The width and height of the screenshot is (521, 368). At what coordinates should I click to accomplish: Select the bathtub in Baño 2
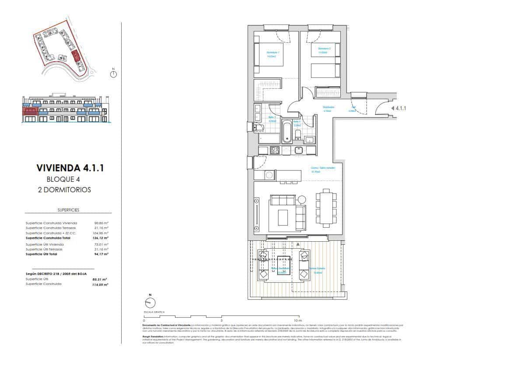pos(287,132)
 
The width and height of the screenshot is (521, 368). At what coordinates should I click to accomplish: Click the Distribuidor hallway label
pos(329,107)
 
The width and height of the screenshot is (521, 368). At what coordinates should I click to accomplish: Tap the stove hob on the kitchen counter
pos(275,150)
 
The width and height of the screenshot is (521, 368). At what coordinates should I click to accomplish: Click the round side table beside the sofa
pos(302,200)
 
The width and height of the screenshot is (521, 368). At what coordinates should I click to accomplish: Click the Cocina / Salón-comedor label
pos(323,168)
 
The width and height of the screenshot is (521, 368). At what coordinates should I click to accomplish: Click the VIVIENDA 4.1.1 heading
pos(70,168)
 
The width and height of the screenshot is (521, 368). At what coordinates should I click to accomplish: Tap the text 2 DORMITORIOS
pos(64,190)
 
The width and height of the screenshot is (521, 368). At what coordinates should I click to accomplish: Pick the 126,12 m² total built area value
pos(101,238)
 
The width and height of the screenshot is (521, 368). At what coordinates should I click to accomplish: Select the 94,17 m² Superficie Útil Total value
pos(101,254)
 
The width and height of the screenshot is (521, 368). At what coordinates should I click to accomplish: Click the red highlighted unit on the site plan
pos(75,56)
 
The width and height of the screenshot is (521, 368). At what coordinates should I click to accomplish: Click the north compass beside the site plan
pos(113,74)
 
